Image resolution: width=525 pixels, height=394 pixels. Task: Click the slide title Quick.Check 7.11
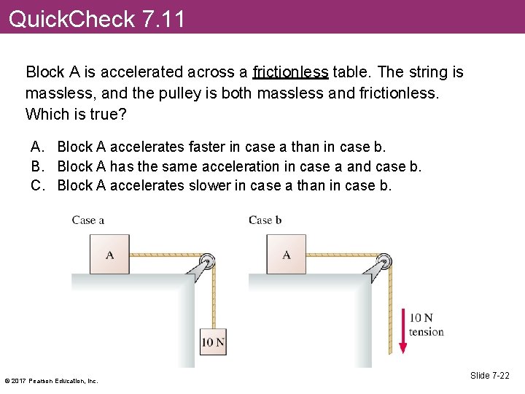(97, 18)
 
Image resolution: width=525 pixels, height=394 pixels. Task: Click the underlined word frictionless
(291, 72)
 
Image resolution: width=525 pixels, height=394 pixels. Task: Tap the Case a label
(88, 220)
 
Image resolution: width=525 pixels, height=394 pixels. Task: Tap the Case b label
(265, 220)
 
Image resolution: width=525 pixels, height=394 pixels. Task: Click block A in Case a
(110, 255)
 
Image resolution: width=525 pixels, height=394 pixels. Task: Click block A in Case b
(287, 255)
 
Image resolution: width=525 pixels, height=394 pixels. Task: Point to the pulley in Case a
(207, 260)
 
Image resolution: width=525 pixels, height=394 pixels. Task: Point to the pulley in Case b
(384, 260)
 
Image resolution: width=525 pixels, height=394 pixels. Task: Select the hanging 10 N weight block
(213, 341)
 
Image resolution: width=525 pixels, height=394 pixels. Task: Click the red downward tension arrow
(402, 331)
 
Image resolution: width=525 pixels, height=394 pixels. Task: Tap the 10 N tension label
(426, 325)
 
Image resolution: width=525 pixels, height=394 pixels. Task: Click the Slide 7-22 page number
(490, 376)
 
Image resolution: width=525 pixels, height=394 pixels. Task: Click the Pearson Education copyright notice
(51, 380)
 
